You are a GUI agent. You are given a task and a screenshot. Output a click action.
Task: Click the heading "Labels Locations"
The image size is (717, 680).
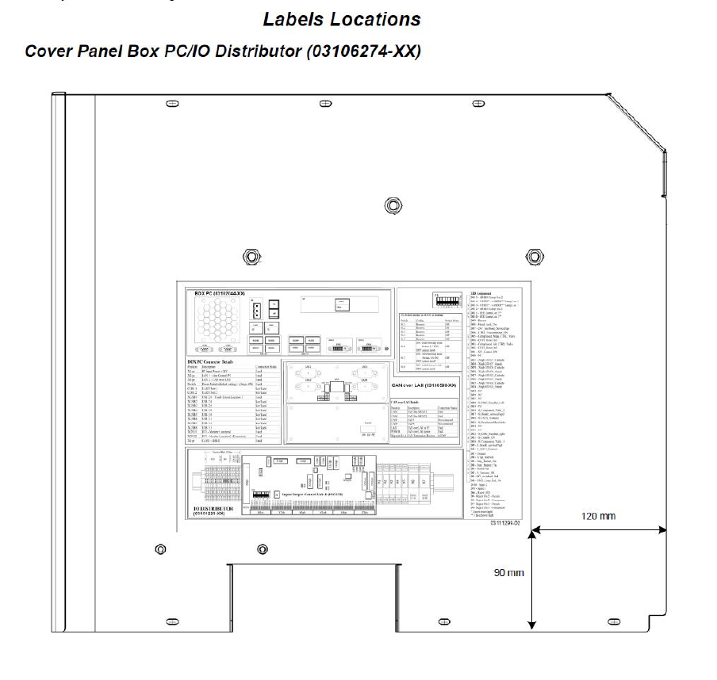click(342, 17)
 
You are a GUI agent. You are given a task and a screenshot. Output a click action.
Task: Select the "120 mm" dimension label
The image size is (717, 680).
click(597, 515)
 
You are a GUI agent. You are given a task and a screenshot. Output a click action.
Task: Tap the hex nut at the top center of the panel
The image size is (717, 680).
click(390, 205)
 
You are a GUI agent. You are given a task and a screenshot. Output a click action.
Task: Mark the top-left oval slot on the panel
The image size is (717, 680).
click(171, 104)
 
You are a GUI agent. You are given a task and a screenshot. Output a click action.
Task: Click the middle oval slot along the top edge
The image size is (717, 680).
click(325, 104)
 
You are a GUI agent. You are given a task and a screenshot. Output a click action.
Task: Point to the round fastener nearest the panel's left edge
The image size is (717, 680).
click(161, 549)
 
